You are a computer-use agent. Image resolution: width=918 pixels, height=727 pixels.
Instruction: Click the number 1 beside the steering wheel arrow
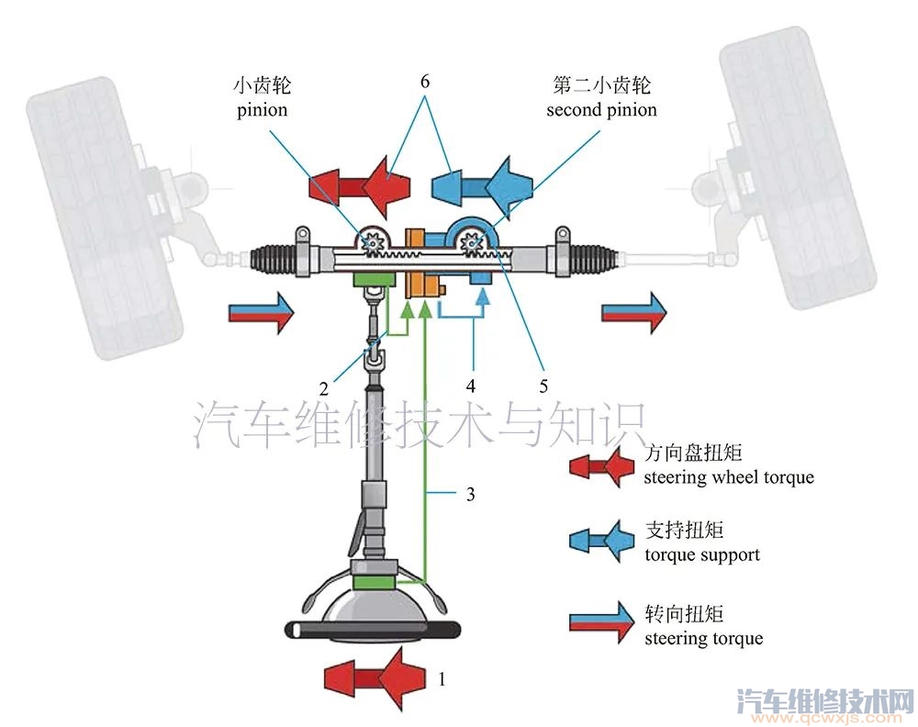point(442,680)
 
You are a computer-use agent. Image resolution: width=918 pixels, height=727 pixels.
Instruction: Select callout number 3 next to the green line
point(470,495)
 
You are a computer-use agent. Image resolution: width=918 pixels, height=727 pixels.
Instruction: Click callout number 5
point(543,386)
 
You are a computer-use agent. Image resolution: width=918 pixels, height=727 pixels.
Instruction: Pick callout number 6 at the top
point(425,81)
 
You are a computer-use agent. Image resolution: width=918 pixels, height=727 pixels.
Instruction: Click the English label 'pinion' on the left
point(263,110)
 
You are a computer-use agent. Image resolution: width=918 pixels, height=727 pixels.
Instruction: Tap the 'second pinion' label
point(601,110)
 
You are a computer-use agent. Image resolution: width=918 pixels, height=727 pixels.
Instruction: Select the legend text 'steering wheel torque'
point(729,477)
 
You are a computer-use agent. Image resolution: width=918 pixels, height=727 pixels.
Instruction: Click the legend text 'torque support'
point(702,554)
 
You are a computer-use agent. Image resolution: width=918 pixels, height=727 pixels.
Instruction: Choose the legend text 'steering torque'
point(703,638)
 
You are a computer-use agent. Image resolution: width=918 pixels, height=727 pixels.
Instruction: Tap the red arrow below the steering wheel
point(375,680)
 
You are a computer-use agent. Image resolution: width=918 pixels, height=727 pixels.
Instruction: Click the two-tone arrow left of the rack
point(261,313)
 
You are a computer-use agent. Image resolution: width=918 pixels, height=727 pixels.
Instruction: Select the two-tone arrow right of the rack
point(634,313)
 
